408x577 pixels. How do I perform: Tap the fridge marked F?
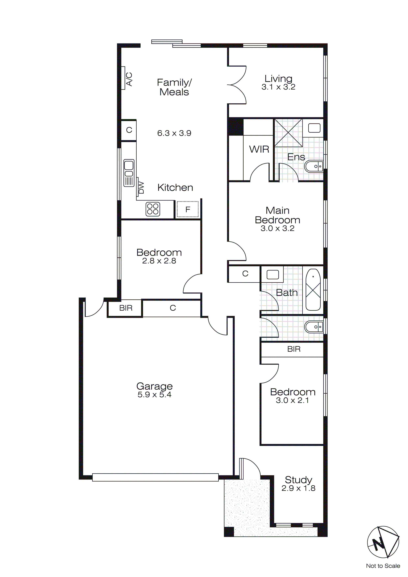188,209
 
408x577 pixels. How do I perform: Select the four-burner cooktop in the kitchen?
153,209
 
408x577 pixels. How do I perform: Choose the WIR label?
259,149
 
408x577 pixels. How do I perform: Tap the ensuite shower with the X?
288,133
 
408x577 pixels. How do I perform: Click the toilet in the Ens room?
314,166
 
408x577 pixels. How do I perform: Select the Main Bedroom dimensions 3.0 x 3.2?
277,228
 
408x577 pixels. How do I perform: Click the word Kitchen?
175,187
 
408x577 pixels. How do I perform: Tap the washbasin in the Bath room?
273,275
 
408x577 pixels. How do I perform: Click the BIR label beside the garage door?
126,308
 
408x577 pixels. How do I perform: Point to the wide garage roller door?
155,477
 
